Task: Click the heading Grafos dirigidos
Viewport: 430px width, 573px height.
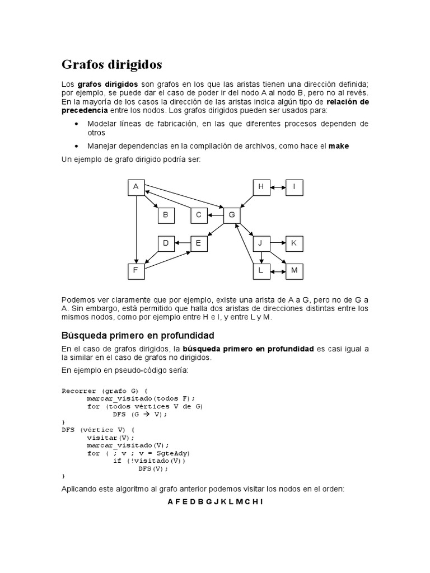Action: tap(111, 64)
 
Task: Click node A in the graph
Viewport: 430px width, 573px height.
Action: tap(136, 187)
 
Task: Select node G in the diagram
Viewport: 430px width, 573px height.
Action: tap(232, 215)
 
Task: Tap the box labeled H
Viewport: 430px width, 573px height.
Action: tap(261, 187)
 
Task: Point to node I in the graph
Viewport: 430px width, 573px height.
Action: tap(295, 187)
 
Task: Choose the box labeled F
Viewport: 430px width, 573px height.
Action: tap(136, 271)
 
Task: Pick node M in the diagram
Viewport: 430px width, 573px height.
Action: tap(295, 271)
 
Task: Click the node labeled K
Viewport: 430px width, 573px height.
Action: tap(295, 243)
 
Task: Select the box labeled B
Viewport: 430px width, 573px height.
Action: tap(166, 215)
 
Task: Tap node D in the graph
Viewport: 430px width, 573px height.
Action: tap(166, 243)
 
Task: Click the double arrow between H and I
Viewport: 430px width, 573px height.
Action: tap(278, 187)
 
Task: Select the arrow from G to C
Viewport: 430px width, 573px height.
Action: tap(215, 215)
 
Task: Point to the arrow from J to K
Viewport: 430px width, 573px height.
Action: tap(278, 243)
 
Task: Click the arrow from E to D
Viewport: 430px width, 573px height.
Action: tap(183, 243)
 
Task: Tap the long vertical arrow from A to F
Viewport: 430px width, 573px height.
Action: tap(136, 229)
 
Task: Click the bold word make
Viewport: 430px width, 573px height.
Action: tap(339, 146)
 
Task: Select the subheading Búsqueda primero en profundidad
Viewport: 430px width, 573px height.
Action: tap(138, 335)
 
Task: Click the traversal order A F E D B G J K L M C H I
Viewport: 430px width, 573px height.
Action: tap(215, 502)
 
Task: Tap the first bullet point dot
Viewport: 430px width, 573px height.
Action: tap(76, 124)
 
